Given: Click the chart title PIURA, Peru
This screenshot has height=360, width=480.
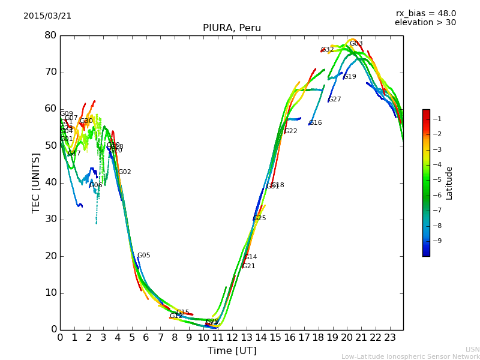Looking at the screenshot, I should [x=232, y=28].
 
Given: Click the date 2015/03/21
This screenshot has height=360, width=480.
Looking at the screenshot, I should [x=47, y=16].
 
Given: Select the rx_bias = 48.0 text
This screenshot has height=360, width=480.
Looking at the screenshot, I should [x=425, y=13].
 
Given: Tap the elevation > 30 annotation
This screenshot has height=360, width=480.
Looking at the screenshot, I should [x=425, y=23].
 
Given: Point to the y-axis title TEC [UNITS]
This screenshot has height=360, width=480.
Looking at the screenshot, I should [x=36, y=182].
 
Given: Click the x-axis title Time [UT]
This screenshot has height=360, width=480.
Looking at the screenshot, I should [x=232, y=351].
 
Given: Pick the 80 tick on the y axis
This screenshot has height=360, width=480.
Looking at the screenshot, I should [x=50, y=35].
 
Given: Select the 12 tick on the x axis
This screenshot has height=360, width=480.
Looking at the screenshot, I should [x=232, y=337].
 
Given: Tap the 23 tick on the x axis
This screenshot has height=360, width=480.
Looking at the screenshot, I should [x=390, y=337].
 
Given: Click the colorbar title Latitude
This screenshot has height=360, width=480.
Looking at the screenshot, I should [x=449, y=183].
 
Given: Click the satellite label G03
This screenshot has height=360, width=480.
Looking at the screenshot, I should [x=356, y=44].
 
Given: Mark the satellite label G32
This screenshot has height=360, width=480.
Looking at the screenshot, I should [x=328, y=50].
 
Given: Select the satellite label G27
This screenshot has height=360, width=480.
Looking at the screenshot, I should [x=335, y=100].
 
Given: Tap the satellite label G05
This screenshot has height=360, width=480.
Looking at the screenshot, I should [x=144, y=256].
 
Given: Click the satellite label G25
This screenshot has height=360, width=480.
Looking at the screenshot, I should [x=260, y=218].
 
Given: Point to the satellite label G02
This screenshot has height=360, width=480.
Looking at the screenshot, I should [x=125, y=172].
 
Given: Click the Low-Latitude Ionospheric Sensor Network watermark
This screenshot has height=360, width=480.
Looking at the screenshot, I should [x=410, y=356].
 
